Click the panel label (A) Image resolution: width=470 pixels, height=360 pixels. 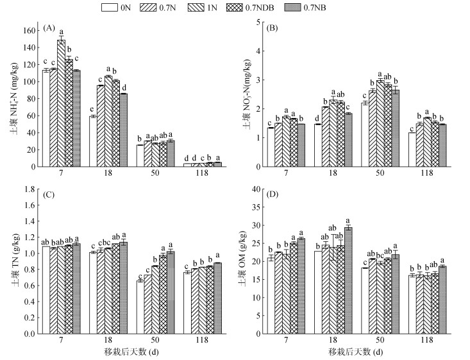click(49, 28)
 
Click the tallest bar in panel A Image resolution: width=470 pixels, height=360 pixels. click(61, 103)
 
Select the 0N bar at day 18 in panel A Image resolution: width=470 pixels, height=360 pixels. click(92, 141)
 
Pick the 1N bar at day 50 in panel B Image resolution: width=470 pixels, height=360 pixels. click(380, 123)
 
